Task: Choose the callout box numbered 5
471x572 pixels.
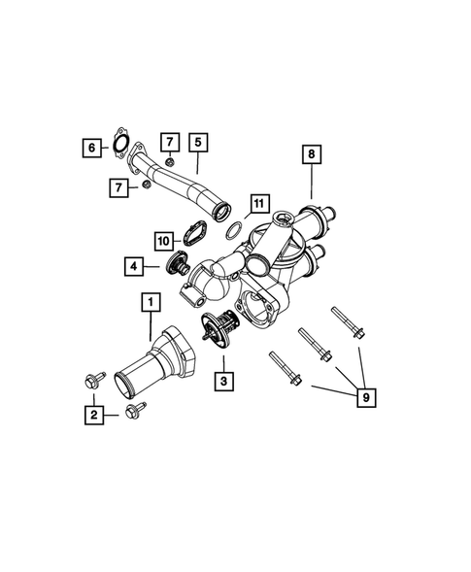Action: pyautogui.click(x=197, y=143)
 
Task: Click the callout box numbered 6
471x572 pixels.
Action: pyautogui.click(x=92, y=148)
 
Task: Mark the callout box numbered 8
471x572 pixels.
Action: pyautogui.click(x=312, y=155)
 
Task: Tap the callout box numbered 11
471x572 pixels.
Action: pyautogui.click(x=256, y=204)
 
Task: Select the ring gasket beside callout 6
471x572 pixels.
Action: pyautogui.click(x=120, y=143)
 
